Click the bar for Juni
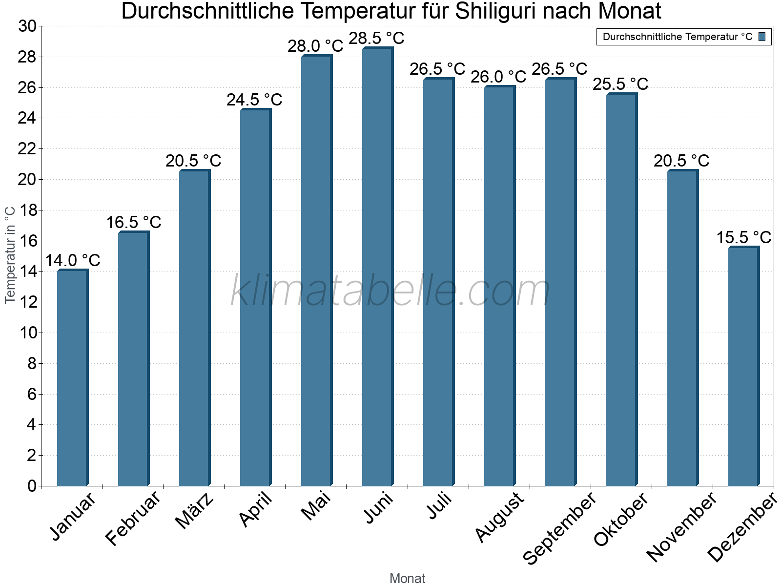point(377,267)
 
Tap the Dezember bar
point(743,366)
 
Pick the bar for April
point(255,297)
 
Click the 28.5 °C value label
point(376,38)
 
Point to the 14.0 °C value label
point(73,260)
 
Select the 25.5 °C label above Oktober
point(620,84)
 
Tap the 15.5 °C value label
point(743,237)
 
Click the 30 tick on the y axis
point(27,26)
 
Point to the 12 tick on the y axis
point(27,302)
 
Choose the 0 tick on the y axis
point(32,486)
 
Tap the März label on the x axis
point(195,510)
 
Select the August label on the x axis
point(500,517)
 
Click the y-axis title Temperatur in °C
point(10,254)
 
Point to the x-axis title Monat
point(408,578)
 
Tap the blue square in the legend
point(762,37)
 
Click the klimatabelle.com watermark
point(390,291)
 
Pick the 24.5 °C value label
point(254,100)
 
